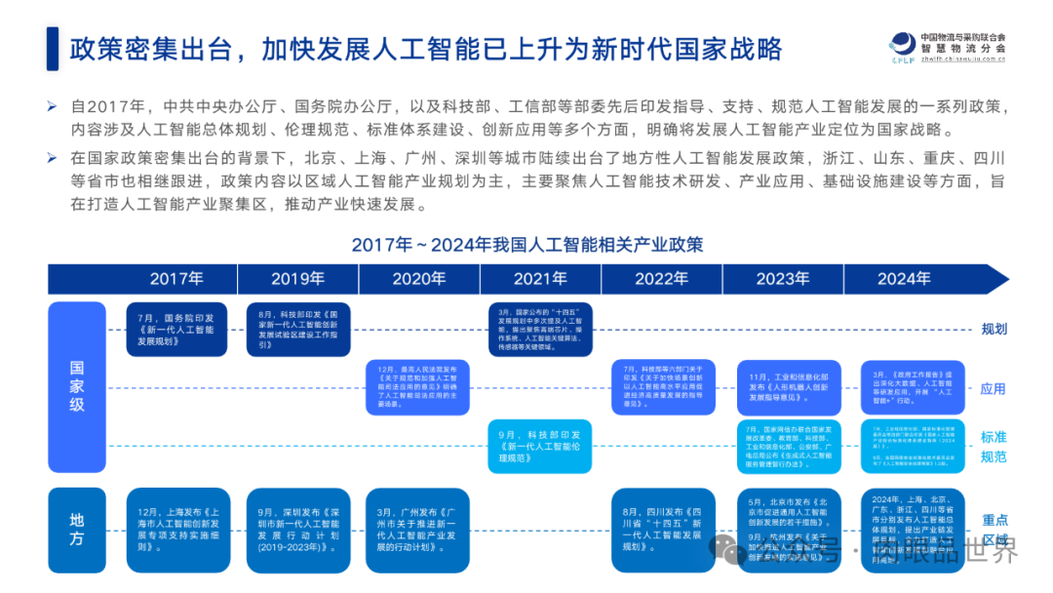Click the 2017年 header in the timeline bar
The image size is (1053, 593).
pos(176,279)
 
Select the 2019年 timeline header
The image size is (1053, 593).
pos(297,279)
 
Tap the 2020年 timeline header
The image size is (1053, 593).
pos(419,279)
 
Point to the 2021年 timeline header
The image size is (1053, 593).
pos(540,279)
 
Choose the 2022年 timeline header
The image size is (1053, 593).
pos(661,279)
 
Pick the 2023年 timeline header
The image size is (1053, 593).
pos(782,279)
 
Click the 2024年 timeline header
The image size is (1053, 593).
pos(904,279)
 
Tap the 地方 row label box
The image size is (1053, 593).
pos(77,530)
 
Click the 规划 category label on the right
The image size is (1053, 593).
pos(994,329)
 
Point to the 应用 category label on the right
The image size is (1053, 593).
pos(994,388)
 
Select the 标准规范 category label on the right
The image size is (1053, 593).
pos(994,447)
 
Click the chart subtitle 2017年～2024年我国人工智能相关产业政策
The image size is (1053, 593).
pos(526,244)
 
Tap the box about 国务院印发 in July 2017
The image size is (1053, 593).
pos(176,330)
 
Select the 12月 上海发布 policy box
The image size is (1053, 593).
pos(176,530)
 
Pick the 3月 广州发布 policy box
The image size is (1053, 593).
pos(419,530)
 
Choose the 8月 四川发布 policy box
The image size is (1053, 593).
pos(661,530)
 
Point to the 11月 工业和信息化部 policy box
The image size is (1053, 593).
pos(782,387)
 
